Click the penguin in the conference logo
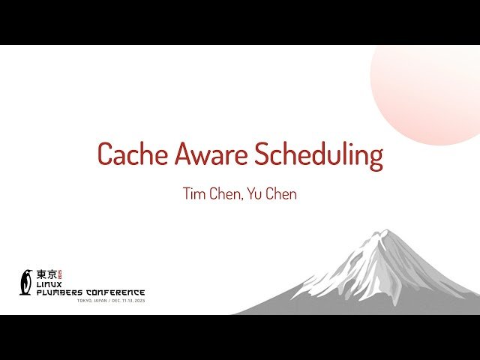coord(26,282)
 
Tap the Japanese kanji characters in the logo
coord(46,275)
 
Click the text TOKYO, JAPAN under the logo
coord(93,301)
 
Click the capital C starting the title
coord(106,154)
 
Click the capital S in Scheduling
coord(263,154)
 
